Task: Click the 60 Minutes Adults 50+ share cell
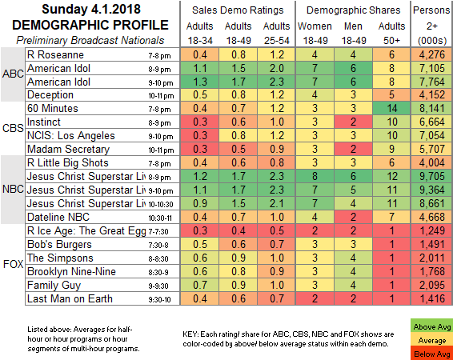(x=391, y=109)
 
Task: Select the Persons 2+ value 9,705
(x=431, y=176)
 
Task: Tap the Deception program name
(x=50, y=94)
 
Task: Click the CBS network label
(x=13, y=128)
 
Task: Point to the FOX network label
(x=13, y=264)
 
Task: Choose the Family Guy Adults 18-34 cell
(x=200, y=285)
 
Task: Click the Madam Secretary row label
(x=69, y=150)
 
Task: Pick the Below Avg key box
(x=431, y=354)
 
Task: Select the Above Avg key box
(x=431, y=326)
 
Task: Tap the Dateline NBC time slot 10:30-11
(x=160, y=218)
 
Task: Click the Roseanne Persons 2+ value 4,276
(x=431, y=54)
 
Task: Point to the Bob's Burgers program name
(x=59, y=245)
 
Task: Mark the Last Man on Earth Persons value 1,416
(x=431, y=298)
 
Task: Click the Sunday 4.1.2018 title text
(x=91, y=9)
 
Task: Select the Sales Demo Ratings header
(x=238, y=10)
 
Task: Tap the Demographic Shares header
(x=353, y=10)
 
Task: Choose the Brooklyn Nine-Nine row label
(x=71, y=272)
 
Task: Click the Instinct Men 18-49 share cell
(x=353, y=122)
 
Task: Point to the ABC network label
(x=13, y=74)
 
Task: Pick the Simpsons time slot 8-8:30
(x=158, y=258)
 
